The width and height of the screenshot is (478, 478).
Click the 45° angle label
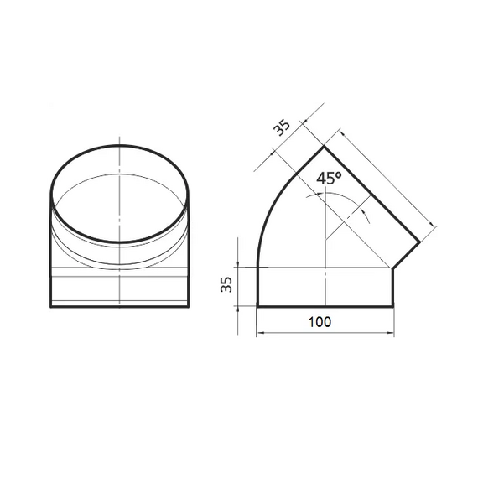[330, 179]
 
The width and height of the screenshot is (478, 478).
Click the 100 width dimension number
[319, 321]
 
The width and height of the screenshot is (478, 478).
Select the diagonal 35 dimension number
[282, 127]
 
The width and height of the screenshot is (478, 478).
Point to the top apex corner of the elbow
[325, 147]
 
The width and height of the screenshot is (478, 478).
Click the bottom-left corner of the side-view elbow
[257, 306]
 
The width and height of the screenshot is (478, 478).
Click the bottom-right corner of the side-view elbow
[393, 306]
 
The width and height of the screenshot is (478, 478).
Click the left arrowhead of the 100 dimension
[260, 333]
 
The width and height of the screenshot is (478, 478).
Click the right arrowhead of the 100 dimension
[390, 333]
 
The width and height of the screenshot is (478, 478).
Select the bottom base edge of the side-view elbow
[325, 306]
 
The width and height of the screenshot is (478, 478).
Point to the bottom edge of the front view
[120, 306]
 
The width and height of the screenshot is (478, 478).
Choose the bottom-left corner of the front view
[52, 306]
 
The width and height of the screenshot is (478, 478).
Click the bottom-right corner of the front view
[188, 306]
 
